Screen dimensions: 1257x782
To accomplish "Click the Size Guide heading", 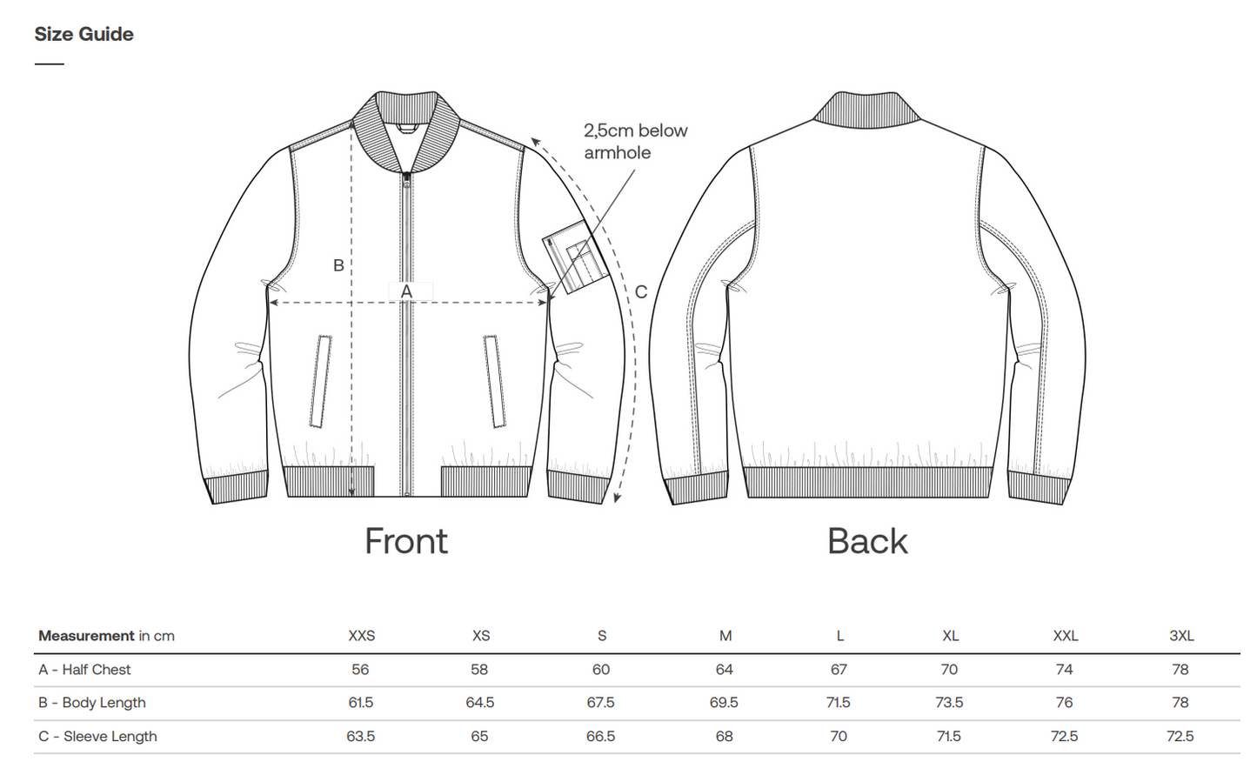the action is [x=84, y=34].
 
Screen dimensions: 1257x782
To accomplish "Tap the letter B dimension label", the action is [x=338, y=265].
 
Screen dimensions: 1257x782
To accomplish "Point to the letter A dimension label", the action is [x=406, y=291].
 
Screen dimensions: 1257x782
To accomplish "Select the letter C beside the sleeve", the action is [x=641, y=291].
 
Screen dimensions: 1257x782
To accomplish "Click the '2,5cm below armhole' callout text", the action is [x=635, y=142].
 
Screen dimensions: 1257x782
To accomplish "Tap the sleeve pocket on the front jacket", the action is [x=576, y=257].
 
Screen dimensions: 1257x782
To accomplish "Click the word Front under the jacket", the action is [x=406, y=541].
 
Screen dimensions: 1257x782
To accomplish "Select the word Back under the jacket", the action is [x=867, y=541].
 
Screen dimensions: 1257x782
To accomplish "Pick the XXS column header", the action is [x=361, y=636].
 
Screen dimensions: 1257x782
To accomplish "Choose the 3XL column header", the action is [x=1181, y=636].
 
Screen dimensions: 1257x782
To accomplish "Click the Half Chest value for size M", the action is [x=724, y=669].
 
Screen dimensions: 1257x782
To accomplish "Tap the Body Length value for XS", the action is [x=480, y=702].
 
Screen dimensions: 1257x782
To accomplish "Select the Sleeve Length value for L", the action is [x=839, y=736].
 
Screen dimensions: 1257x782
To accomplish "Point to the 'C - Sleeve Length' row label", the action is [x=97, y=736].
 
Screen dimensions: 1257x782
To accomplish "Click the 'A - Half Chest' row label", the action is [x=84, y=669].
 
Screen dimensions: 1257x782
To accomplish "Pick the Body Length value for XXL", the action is [x=1064, y=702].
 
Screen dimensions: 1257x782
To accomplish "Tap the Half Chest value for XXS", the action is [x=360, y=669].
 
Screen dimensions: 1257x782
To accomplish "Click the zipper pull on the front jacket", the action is [x=407, y=179].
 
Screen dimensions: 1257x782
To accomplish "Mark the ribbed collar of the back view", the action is [x=866, y=110].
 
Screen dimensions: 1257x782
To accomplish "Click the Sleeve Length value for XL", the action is [x=949, y=736].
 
